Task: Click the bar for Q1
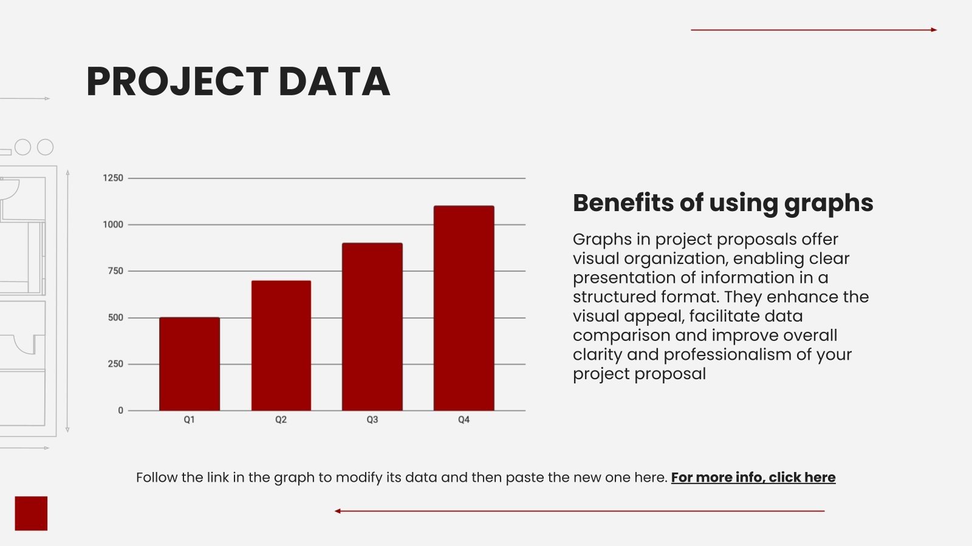(x=190, y=364)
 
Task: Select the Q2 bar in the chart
(x=281, y=346)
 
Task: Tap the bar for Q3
(x=372, y=327)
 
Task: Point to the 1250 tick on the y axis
(x=113, y=178)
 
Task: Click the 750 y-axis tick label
(x=115, y=271)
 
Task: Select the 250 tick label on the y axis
(x=115, y=364)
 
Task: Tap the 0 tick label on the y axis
(x=120, y=411)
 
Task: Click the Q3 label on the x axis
(x=372, y=420)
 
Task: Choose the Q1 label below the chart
(x=190, y=420)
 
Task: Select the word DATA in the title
(x=334, y=82)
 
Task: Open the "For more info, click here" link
(x=753, y=477)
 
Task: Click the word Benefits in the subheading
(x=623, y=203)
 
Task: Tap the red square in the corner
(x=31, y=513)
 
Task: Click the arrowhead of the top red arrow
(x=934, y=30)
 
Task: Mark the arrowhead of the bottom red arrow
(x=337, y=511)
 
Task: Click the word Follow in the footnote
(x=157, y=477)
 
